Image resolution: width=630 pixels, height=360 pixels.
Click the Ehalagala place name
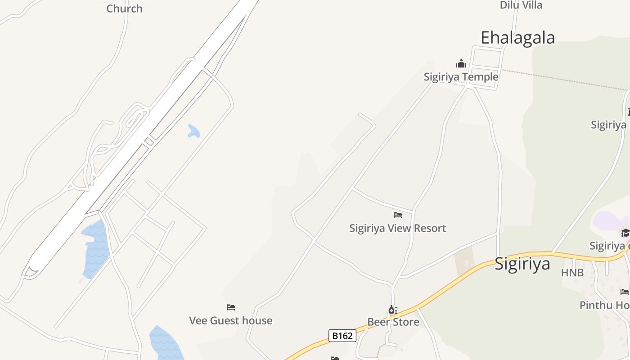coord(517,38)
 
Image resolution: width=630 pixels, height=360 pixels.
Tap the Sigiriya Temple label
coord(461,77)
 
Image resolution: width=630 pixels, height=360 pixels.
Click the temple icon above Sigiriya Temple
coord(461,63)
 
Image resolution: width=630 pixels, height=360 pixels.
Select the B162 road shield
coord(342,335)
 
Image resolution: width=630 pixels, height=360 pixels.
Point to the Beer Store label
coord(393,322)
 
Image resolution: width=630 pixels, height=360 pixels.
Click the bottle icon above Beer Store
coord(393,310)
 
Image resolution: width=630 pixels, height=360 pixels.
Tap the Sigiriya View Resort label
coord(397,228)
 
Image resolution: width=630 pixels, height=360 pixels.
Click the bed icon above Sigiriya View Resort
coord(397,215)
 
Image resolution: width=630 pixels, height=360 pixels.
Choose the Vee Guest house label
coord(230,320)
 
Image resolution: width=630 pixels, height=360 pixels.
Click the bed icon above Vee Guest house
coord(231,307)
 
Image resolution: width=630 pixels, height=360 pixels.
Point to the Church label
coord(124,9)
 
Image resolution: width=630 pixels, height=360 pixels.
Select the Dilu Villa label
coord(521,5)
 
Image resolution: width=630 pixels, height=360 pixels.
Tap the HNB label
coord(572,272)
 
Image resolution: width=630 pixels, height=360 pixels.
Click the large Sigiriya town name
coord(522,264)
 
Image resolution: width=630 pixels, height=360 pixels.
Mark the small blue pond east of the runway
coord(193,131)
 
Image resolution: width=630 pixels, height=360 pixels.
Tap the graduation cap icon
coord(625,233)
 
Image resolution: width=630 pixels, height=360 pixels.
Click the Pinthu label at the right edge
coord(604,305)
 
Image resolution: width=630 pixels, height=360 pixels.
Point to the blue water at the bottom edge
coord(165,344)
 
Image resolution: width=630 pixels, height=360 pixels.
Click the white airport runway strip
coord(135,144)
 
